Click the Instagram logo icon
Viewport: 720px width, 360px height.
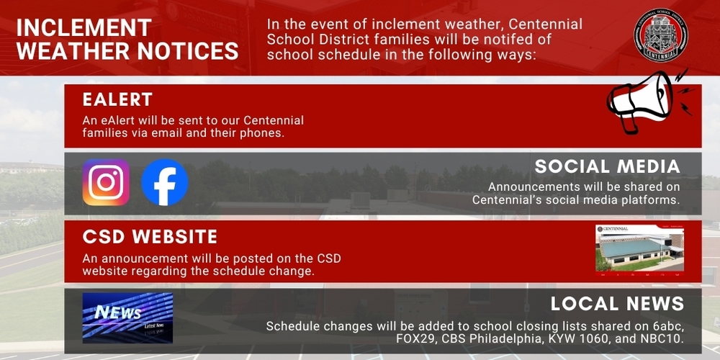(x=106, y=182)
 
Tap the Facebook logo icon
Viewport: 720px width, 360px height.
(x=165, y=182)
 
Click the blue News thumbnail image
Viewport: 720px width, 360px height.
(x=127, y=318)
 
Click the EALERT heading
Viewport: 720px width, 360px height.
(x=117, y=99)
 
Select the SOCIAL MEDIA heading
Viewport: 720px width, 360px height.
(x=607, y=168)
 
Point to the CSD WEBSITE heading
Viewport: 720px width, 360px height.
(x=150, y=237)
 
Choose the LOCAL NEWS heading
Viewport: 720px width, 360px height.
(x=617, y=303)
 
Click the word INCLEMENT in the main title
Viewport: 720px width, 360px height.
(x=84, y=27)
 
